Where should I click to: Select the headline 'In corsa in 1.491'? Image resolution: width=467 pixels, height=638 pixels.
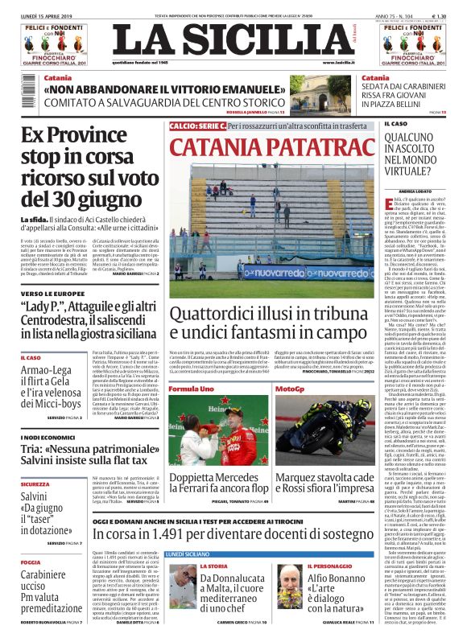tap(230, 533)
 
